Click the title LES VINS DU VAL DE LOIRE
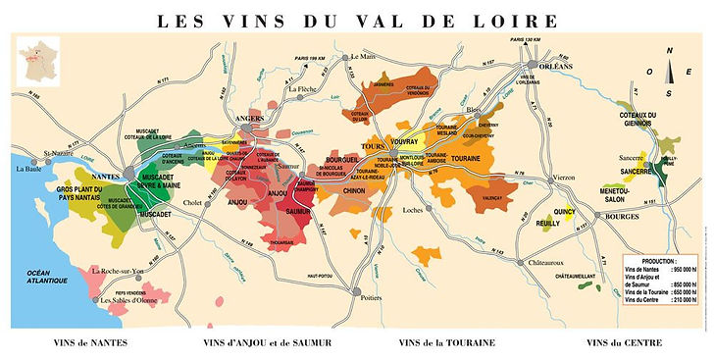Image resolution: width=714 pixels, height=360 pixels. coord(357,19)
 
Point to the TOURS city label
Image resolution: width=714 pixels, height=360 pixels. coord(374,147)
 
